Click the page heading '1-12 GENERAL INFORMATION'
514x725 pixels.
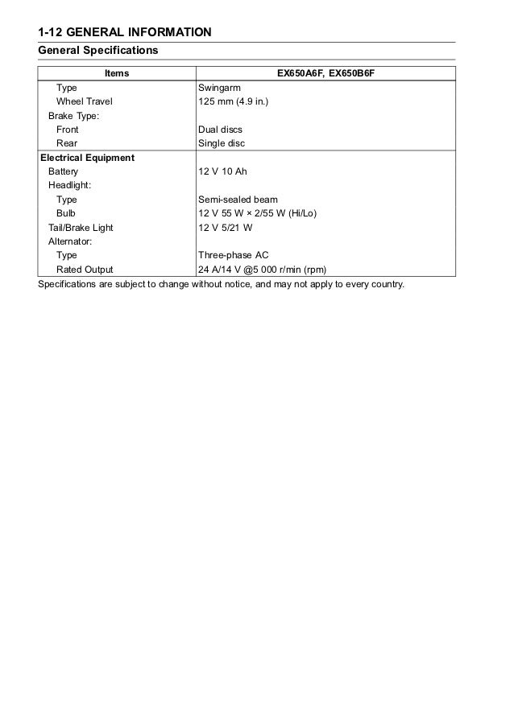tap(125, 32)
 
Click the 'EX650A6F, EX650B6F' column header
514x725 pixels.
tap(326, 73)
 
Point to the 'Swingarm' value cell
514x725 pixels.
tap(219, 87)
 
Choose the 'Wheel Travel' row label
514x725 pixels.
tap(84, 101)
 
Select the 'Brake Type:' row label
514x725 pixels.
tap(73, 115)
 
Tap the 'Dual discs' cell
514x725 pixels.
tap(220, 130)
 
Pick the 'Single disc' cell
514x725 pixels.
tap(222, 143)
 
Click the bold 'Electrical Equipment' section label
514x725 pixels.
tap(87, 158)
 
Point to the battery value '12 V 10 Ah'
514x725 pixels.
tap(223, 171)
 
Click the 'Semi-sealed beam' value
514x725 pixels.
tap(238, 200)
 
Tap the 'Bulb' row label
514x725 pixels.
tap(66, 213)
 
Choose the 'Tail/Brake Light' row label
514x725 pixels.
tap(81, 228)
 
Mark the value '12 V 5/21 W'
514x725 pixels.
tap(225, 228)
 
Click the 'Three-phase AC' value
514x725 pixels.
tap(234, 255)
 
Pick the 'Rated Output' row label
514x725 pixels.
tap(84, 270)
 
